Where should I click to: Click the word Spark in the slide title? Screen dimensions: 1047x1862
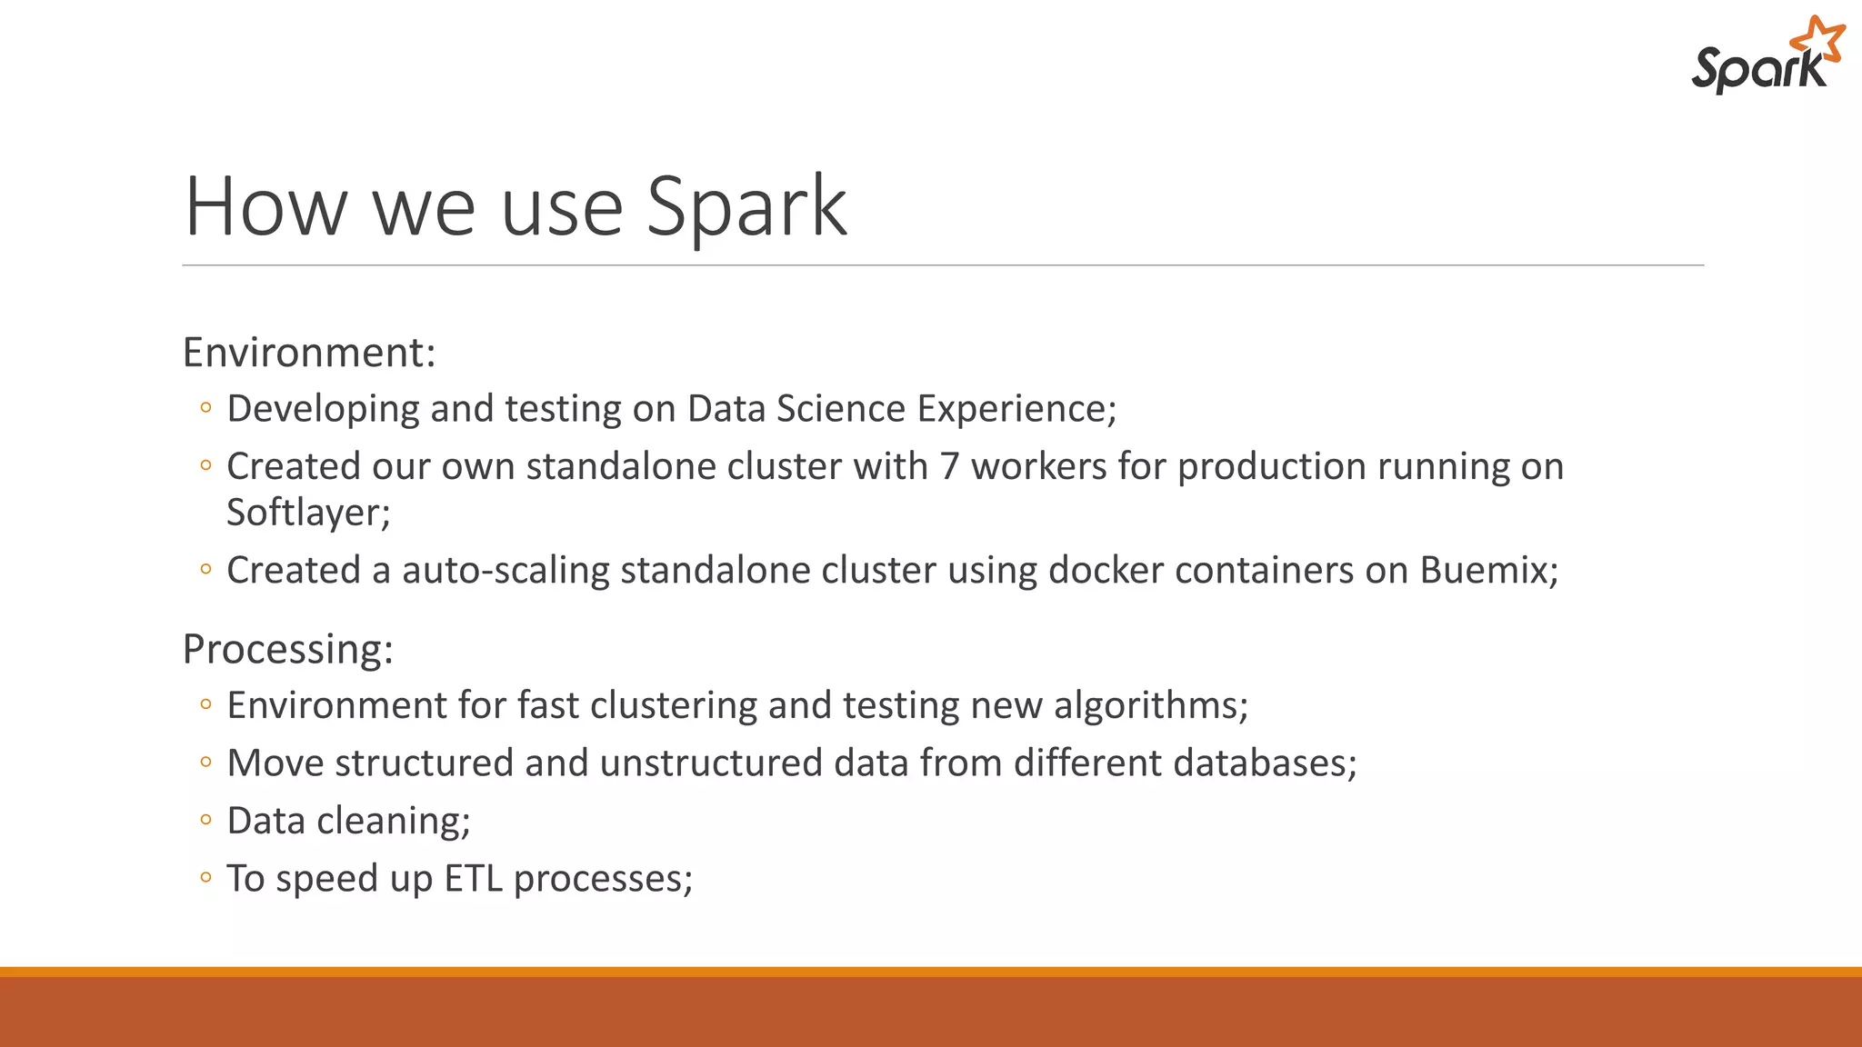pos(746,207)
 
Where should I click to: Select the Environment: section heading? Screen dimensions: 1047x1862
pos(309,353)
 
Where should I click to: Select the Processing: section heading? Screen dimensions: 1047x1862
pos(287,650)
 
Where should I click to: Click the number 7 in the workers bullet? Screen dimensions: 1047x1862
pos(949,467)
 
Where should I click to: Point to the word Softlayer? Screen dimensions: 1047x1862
pos(307,514)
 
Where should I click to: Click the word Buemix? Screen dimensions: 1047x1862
pos(1487,571)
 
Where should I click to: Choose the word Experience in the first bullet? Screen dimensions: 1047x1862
pos(1015,409)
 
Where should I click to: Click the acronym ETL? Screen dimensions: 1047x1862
pos(473,879)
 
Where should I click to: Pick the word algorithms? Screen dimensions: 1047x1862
pos(1149,706)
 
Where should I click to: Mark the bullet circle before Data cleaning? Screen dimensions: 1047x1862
pos(205,820)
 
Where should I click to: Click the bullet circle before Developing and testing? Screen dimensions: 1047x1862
pos(205,408)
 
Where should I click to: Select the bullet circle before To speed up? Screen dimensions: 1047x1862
pos(205,878)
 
